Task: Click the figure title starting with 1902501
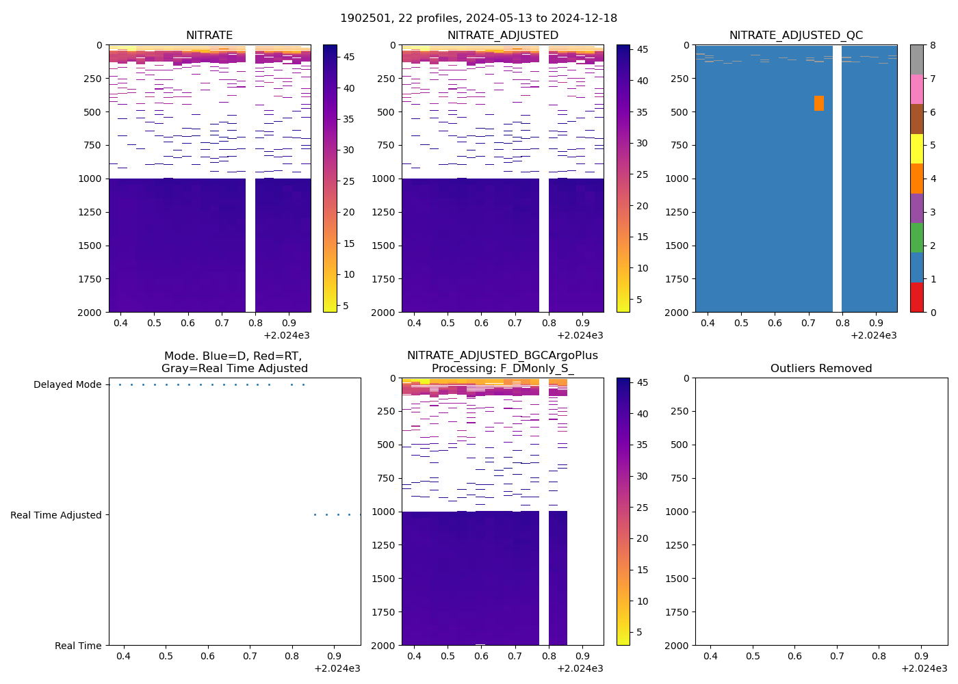click(x=478, y=18)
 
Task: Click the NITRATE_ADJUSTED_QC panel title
click(x=796, y=35)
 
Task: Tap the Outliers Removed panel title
click(x=821, y=368)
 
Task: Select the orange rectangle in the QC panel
click(x=818, y=103)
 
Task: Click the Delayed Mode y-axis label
click(x=67, y=384)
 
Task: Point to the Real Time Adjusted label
click(x=55, y=515)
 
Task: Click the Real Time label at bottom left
click(x=78, y=646)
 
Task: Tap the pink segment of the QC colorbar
click(x=916, y=89)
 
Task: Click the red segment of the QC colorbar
click(x=916, y=298)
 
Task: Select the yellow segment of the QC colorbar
click(x=916, y=148)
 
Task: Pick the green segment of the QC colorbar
click(x=916, y=238)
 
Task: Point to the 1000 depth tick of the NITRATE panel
click(x=90, y=179)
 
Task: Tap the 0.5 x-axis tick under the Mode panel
click(x=166, y=656)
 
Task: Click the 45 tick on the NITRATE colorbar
click(x=348, y=57)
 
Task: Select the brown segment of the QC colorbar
click(x=916, y=119)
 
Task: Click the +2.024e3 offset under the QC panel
click(x=873, y=335)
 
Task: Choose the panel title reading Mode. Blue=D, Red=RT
click(x=233, y=356)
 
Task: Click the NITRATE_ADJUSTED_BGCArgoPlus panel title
click(x=502, y=356)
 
